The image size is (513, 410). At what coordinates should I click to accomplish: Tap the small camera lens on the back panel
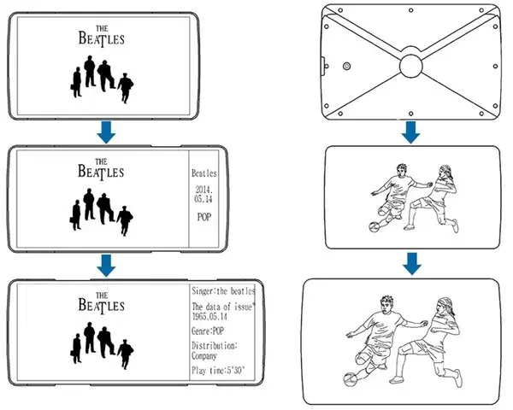pyautogui.click(x=346, y=67)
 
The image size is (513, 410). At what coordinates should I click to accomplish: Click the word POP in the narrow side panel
pyautogui.click(x=204, y=217)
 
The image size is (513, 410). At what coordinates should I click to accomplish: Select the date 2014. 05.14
pyautogui.click(x=203, y=194)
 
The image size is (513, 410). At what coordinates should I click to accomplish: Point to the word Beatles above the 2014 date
pyautogui.click(x=203, y=173)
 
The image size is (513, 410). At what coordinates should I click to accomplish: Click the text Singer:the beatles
pyautogui.click(x=223, y=291)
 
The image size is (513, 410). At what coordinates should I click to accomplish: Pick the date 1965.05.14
pyautogui.click(x=209, y=317)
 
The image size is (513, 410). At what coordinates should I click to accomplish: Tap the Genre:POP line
pyautogui.click(x=208, y=331)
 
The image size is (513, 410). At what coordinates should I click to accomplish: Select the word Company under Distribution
pyautogui.click(x=203, y=355)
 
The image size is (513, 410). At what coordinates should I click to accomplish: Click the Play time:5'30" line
pyautogui.click(x=218, y=371)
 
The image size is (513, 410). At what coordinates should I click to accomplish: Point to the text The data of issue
pyautogui.click(x=222, y=307)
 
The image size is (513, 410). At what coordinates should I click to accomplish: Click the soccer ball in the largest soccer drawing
pyautogui.click(x=350, y=379)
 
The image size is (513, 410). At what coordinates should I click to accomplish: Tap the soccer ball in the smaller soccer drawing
pyautogui.click(x=374, y=226)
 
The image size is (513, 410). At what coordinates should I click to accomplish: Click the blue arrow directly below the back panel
pyautogui.click(x=411, y=132)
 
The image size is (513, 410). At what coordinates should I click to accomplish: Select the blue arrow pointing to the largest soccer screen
pyautogui.click(x=411, y=264)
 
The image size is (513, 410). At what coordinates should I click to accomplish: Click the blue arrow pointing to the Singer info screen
pyautogui.click(x=106, y=266)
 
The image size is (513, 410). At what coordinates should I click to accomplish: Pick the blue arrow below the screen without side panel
pyautogui.click(x=106, y=132)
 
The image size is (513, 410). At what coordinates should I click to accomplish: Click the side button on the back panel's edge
pyautogui.click(x=322, y=67)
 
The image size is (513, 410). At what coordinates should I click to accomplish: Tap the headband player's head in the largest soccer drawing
pyautogui.click(x=445, y=307)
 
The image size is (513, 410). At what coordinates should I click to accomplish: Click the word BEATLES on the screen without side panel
pyautogui.click(x=102, y=38)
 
